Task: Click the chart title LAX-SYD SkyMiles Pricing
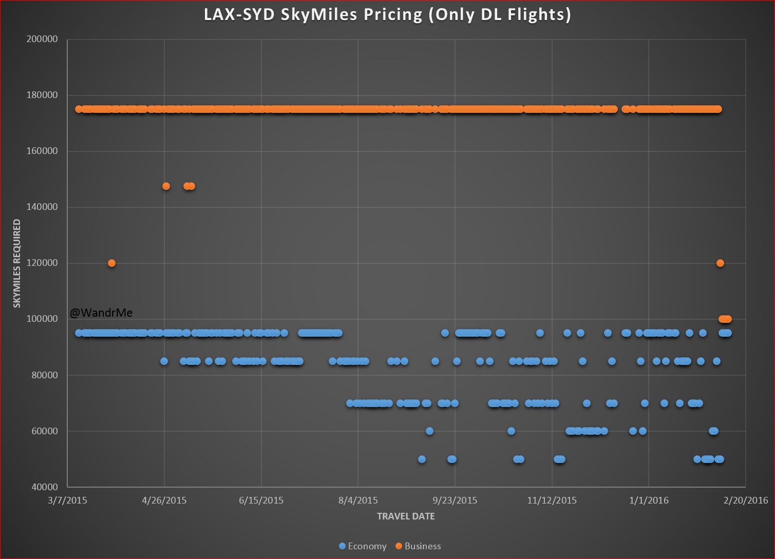[x=387, y=14]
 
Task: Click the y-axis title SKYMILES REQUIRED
[x=17, y=263]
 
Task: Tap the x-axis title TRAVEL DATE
[x=406, y=516]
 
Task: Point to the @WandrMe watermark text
[x=101, y=313]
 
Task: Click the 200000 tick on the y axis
[x=42, y=39]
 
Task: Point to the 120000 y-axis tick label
[x=42, y=263]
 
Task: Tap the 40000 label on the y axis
[x=45, y=487]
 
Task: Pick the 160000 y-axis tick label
[x=42, y=151]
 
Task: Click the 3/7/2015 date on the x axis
[x=67, y=500]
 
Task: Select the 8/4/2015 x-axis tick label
[x=358, y=500]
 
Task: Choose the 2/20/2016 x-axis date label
[x=746, y=500]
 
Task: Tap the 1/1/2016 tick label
[x=649, y=500]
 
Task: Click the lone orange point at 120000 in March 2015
[x=111, y=263]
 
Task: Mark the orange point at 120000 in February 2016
[x=720, y=263]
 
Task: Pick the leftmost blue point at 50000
[x=422, y=459]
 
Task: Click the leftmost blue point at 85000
[x=164, y=361]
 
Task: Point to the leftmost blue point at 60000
[x=429, y=431]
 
